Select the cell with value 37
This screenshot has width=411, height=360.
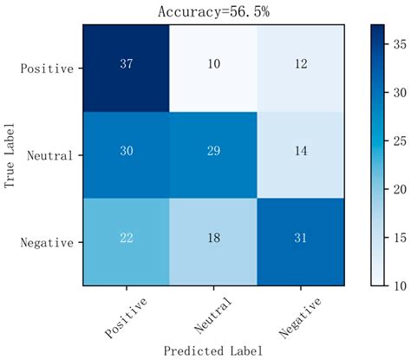[x=127, y=67]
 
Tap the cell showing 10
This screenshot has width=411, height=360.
[x=214, y=67]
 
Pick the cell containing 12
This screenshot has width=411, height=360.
[x=301, y=67]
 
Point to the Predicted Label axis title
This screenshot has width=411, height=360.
[x=213, y=350]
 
